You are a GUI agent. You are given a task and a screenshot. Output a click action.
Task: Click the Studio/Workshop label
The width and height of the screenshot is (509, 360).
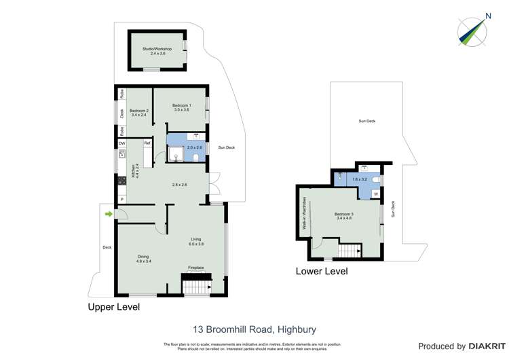tap(157, 49)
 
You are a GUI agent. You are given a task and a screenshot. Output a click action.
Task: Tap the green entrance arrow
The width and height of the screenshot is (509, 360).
tap(108, 215)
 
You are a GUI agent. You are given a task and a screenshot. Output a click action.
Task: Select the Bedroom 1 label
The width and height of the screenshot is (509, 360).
tap(181, 105)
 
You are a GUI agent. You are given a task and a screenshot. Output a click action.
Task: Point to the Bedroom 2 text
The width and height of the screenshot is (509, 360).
tap(138, 111)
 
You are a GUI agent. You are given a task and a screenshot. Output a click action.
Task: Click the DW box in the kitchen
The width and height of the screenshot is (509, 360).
tap(122, 143)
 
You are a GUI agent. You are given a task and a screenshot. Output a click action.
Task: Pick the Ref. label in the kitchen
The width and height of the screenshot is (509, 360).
tap(147, 143)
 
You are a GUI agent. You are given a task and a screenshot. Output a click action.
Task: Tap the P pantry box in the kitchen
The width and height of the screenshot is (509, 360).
tap(122, 198)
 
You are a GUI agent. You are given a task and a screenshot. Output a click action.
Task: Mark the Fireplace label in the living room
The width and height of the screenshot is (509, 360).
tap(196, 268)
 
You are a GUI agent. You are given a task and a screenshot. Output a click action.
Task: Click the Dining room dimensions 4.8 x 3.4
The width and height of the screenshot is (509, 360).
tap(143, 261)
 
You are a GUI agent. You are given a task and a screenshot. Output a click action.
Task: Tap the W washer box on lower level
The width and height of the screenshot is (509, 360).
tap(375, 194)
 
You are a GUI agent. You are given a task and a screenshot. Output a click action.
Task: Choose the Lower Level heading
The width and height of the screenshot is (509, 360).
tap(322, 271)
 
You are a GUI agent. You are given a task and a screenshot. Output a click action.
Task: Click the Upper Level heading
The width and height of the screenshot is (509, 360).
tap(113, 307)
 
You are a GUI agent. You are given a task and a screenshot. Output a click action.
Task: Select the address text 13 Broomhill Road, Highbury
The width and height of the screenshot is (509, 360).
tap(254, 329)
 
